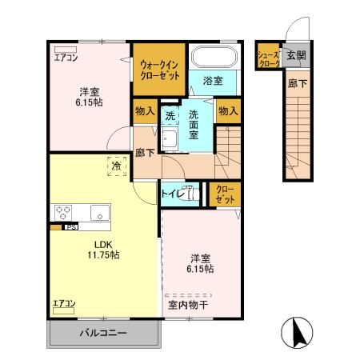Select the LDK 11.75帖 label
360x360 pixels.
tap(104, 249)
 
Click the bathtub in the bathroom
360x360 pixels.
tap(214, 57)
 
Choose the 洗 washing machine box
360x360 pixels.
tap(170, 115)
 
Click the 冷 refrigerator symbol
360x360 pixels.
tap(116, 167)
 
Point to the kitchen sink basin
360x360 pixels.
tap(99, 213)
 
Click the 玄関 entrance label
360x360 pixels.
tap(295, 55)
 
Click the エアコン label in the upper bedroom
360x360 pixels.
tap(66, 57)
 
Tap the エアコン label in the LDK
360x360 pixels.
tap(64, 303)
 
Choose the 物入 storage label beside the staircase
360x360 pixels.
tap(228, 111)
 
